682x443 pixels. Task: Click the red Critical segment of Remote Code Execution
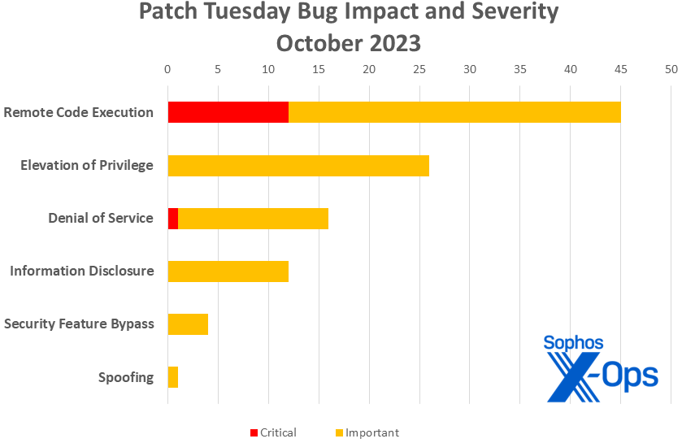pyautogui.click(x=228, y=112)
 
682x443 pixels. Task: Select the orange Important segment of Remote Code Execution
pyautogui.click(x=454, y=112)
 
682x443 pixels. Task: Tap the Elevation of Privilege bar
pyautogui.click(x=298, y=166)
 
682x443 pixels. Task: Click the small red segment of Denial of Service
pyautogui.click(x=173, y=219)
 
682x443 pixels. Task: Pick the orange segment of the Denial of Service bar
pyautogui.click(x=253, y=219)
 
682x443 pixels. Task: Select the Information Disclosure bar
pyautogui.click(x=228, y=271)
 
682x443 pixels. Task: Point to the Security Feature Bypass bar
pyautogui.click(x=188, y=324)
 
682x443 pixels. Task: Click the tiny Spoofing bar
pyautogui.click(x=172, y=377)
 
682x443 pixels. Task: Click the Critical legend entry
pyautogui.click(x=272, y=432)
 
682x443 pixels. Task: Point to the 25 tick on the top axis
pyautogui.click(x=419, y=70)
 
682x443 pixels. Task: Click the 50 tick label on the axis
pyautogui.click(x=671, y=70)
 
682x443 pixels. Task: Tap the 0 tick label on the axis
pyautogui.click(x=167, y=70)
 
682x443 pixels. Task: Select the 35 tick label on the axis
pyautogui.click(x=520, y=70)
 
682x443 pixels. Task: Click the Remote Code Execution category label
pyautogui.click(x=78, y=112)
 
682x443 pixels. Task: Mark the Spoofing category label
pyautogui.click(x=125, y=377)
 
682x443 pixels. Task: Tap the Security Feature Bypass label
pyautogui.click(x=78, y=324)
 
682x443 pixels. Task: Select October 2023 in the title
pyautogui.click(x=349, y=41)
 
